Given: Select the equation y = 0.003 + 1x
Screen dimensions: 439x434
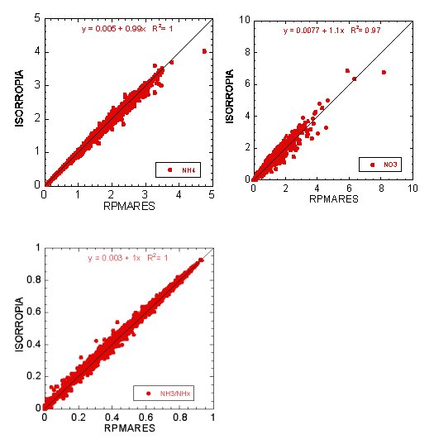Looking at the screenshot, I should point(115,258).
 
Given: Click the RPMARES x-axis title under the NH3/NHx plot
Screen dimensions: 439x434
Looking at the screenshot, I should point(128,430).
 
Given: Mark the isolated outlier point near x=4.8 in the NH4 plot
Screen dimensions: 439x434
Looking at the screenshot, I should point(204,51).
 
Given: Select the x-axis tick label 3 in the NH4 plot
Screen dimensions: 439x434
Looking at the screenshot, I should point(145,194).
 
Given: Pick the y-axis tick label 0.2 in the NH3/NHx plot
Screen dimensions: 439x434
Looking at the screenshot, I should point(31,375).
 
